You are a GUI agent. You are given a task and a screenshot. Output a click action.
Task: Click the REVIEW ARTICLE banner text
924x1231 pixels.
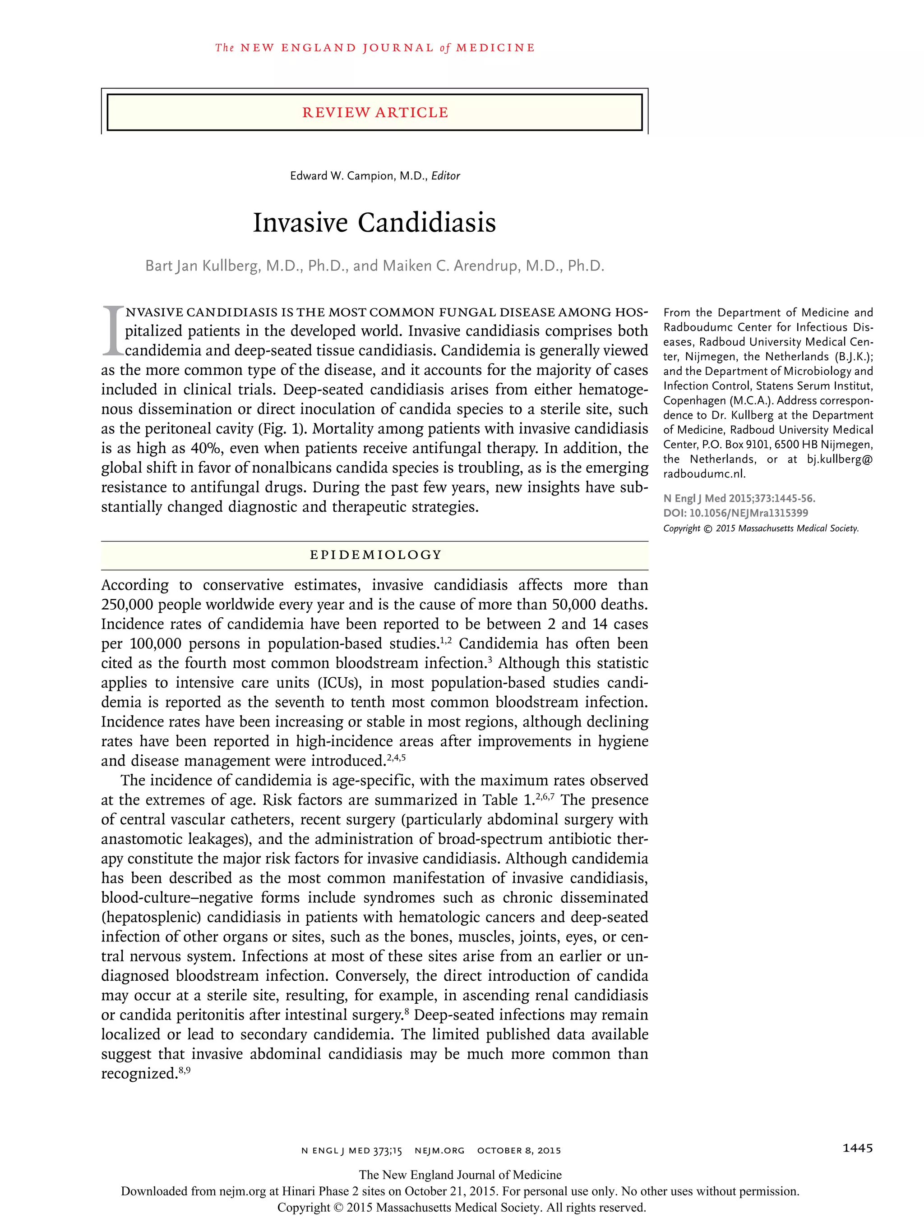(375, 112)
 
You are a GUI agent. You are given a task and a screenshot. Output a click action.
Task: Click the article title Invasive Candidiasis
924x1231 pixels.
(374, 223)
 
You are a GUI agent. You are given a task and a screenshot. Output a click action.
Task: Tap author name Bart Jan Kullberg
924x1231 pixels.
(203, 266)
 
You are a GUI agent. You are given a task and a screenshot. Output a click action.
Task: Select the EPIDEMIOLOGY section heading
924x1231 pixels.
(375, 555)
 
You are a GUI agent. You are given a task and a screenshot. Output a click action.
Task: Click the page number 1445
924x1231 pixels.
(857, 1148)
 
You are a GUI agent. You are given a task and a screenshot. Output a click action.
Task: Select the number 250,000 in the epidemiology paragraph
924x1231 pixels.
(127, 605)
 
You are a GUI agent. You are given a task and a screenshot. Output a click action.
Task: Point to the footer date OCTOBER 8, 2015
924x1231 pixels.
(518, 1150)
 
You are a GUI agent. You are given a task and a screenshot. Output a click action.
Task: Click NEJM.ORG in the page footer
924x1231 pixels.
(439, 1150)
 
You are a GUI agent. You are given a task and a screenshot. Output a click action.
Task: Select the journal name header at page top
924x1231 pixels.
(375, 48)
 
